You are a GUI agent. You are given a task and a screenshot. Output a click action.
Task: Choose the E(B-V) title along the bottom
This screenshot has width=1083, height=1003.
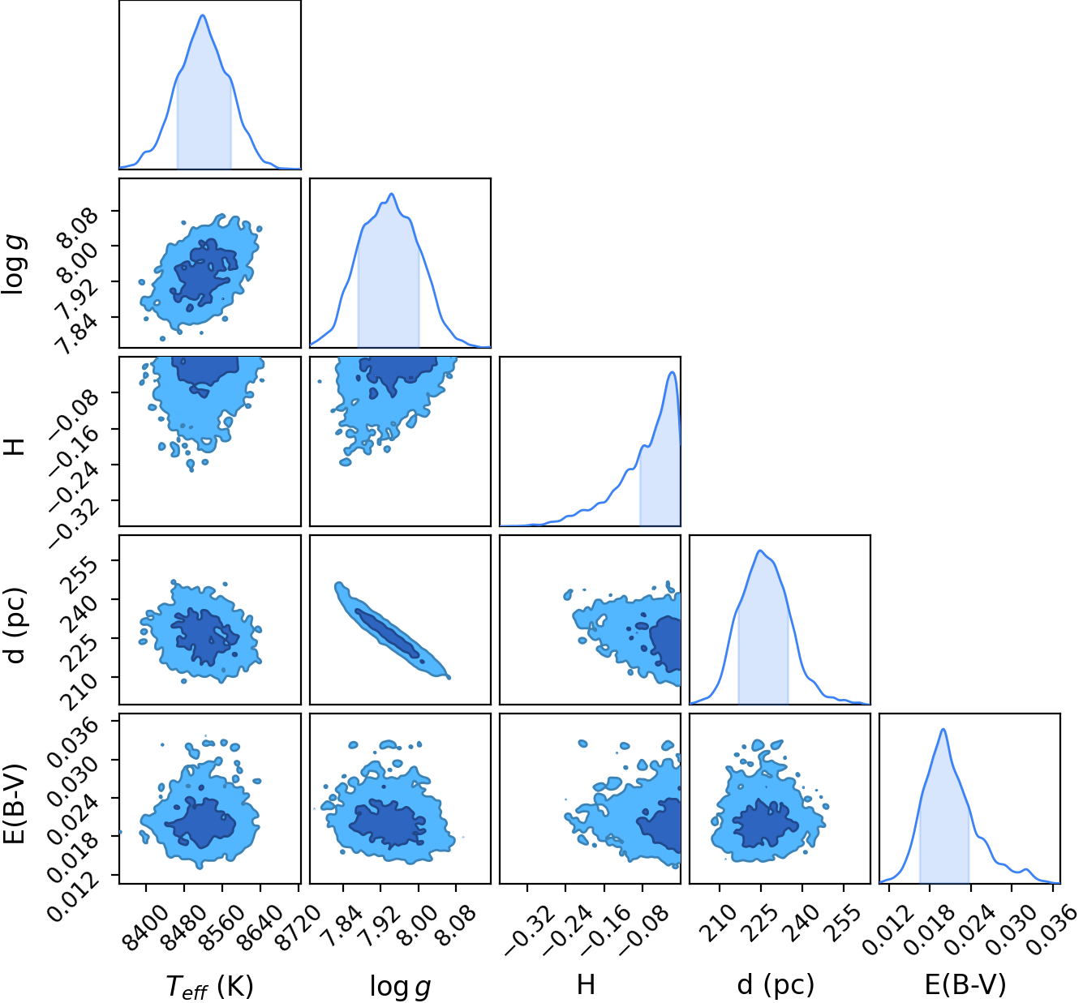pos(965,984)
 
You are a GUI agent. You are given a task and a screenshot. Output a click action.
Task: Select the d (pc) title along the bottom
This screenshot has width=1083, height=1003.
pos(776,984)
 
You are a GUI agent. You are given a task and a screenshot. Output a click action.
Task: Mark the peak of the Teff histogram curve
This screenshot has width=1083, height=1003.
pos(203,15)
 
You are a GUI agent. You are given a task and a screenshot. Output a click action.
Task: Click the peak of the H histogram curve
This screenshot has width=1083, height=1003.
pos(673,371)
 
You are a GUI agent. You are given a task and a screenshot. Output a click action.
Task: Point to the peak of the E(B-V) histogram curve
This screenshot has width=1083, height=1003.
pos(943,729)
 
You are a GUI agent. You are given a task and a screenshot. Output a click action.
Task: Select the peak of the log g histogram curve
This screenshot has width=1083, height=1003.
pos(391,194)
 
